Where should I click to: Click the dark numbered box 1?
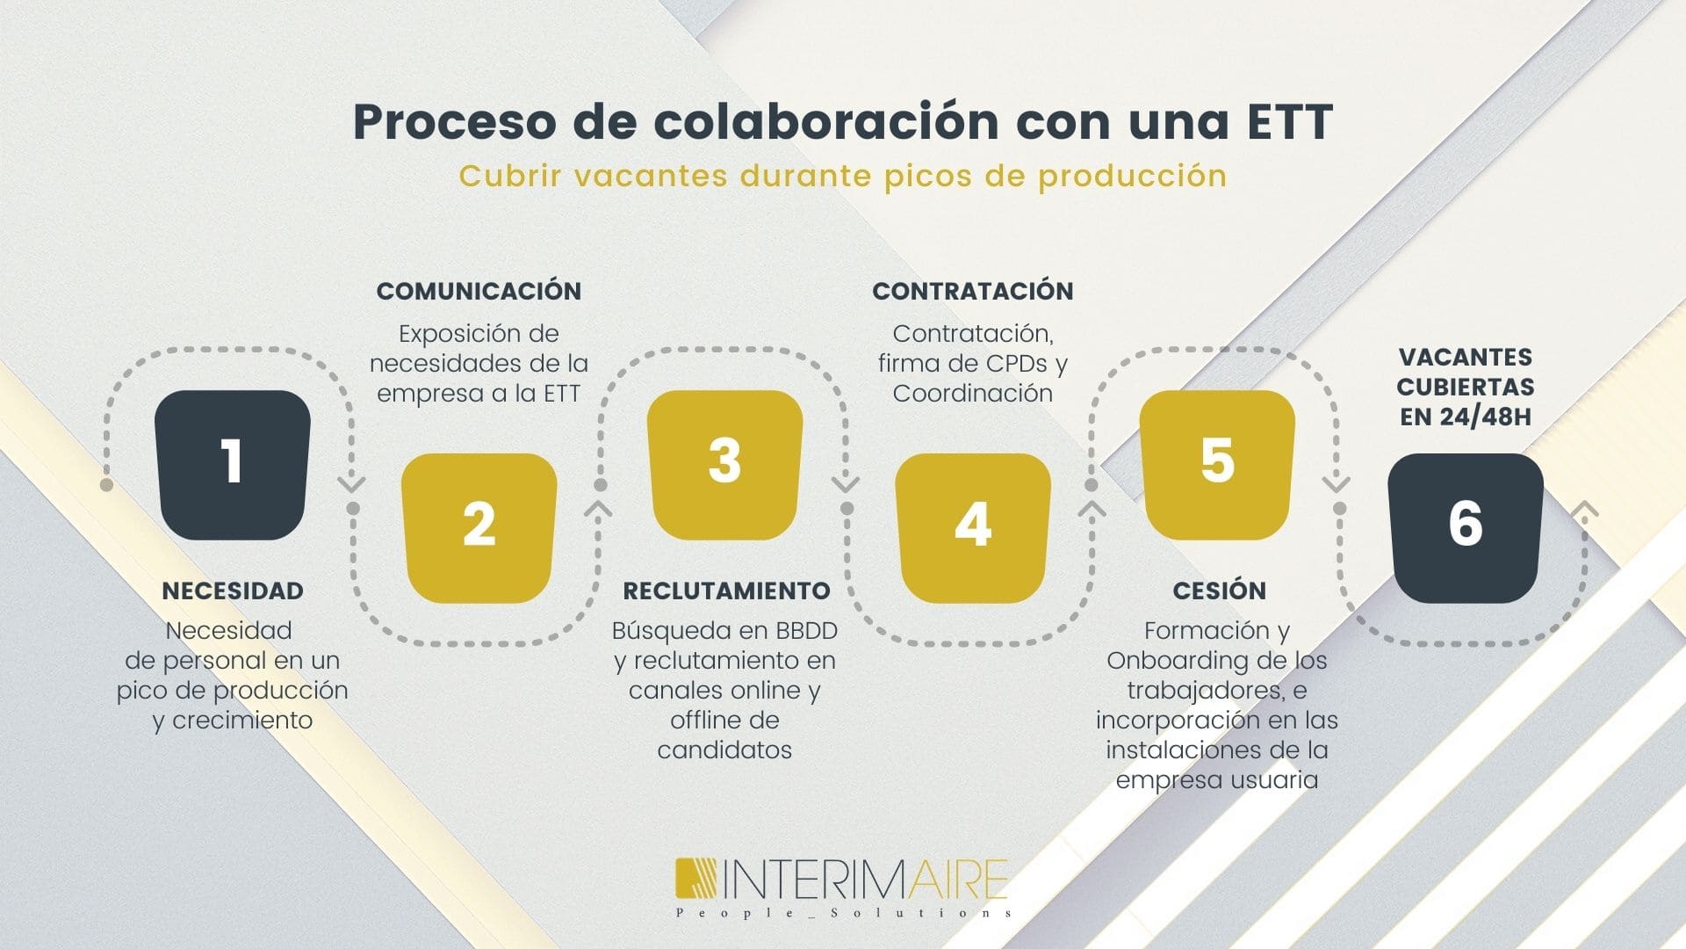coord(233,465)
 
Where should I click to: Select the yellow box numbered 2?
coord(479,528)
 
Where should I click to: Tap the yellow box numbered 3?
coord(725,465)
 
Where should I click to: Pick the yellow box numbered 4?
coord(973,528)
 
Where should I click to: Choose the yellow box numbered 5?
coord(1217,465)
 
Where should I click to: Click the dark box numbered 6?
coord(1466,528)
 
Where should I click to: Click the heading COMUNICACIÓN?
coord(479,291)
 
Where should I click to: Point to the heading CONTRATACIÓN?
coord(973,291)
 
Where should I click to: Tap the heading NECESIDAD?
coord(233,590)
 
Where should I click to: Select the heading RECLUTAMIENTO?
coord(726,590)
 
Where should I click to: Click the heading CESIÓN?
coord(1220,590)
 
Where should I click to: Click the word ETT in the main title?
coord(1291,121)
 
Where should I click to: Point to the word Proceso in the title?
coord(454,121)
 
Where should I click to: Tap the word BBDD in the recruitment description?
coord(806,631)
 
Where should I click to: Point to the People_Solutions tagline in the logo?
coord(844,913)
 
